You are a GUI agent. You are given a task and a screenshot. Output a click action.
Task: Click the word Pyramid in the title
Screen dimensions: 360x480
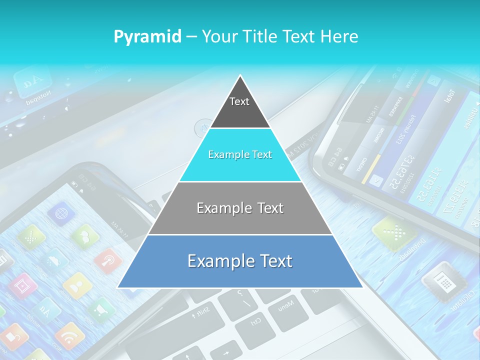click(x=147, y=36)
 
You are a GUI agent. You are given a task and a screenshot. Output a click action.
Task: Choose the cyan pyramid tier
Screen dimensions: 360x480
click(x=240, y=155)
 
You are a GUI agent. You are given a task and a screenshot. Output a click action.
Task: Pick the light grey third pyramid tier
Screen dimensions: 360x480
click(x=240, y=208)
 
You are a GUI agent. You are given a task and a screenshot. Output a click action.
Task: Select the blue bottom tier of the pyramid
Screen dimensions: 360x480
click(x=240, y=261)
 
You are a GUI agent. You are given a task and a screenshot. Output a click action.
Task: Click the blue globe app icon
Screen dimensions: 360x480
click(x=61, y=213)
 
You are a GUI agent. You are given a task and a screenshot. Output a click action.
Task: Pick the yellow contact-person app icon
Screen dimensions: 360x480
click(x=77, y=285)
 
